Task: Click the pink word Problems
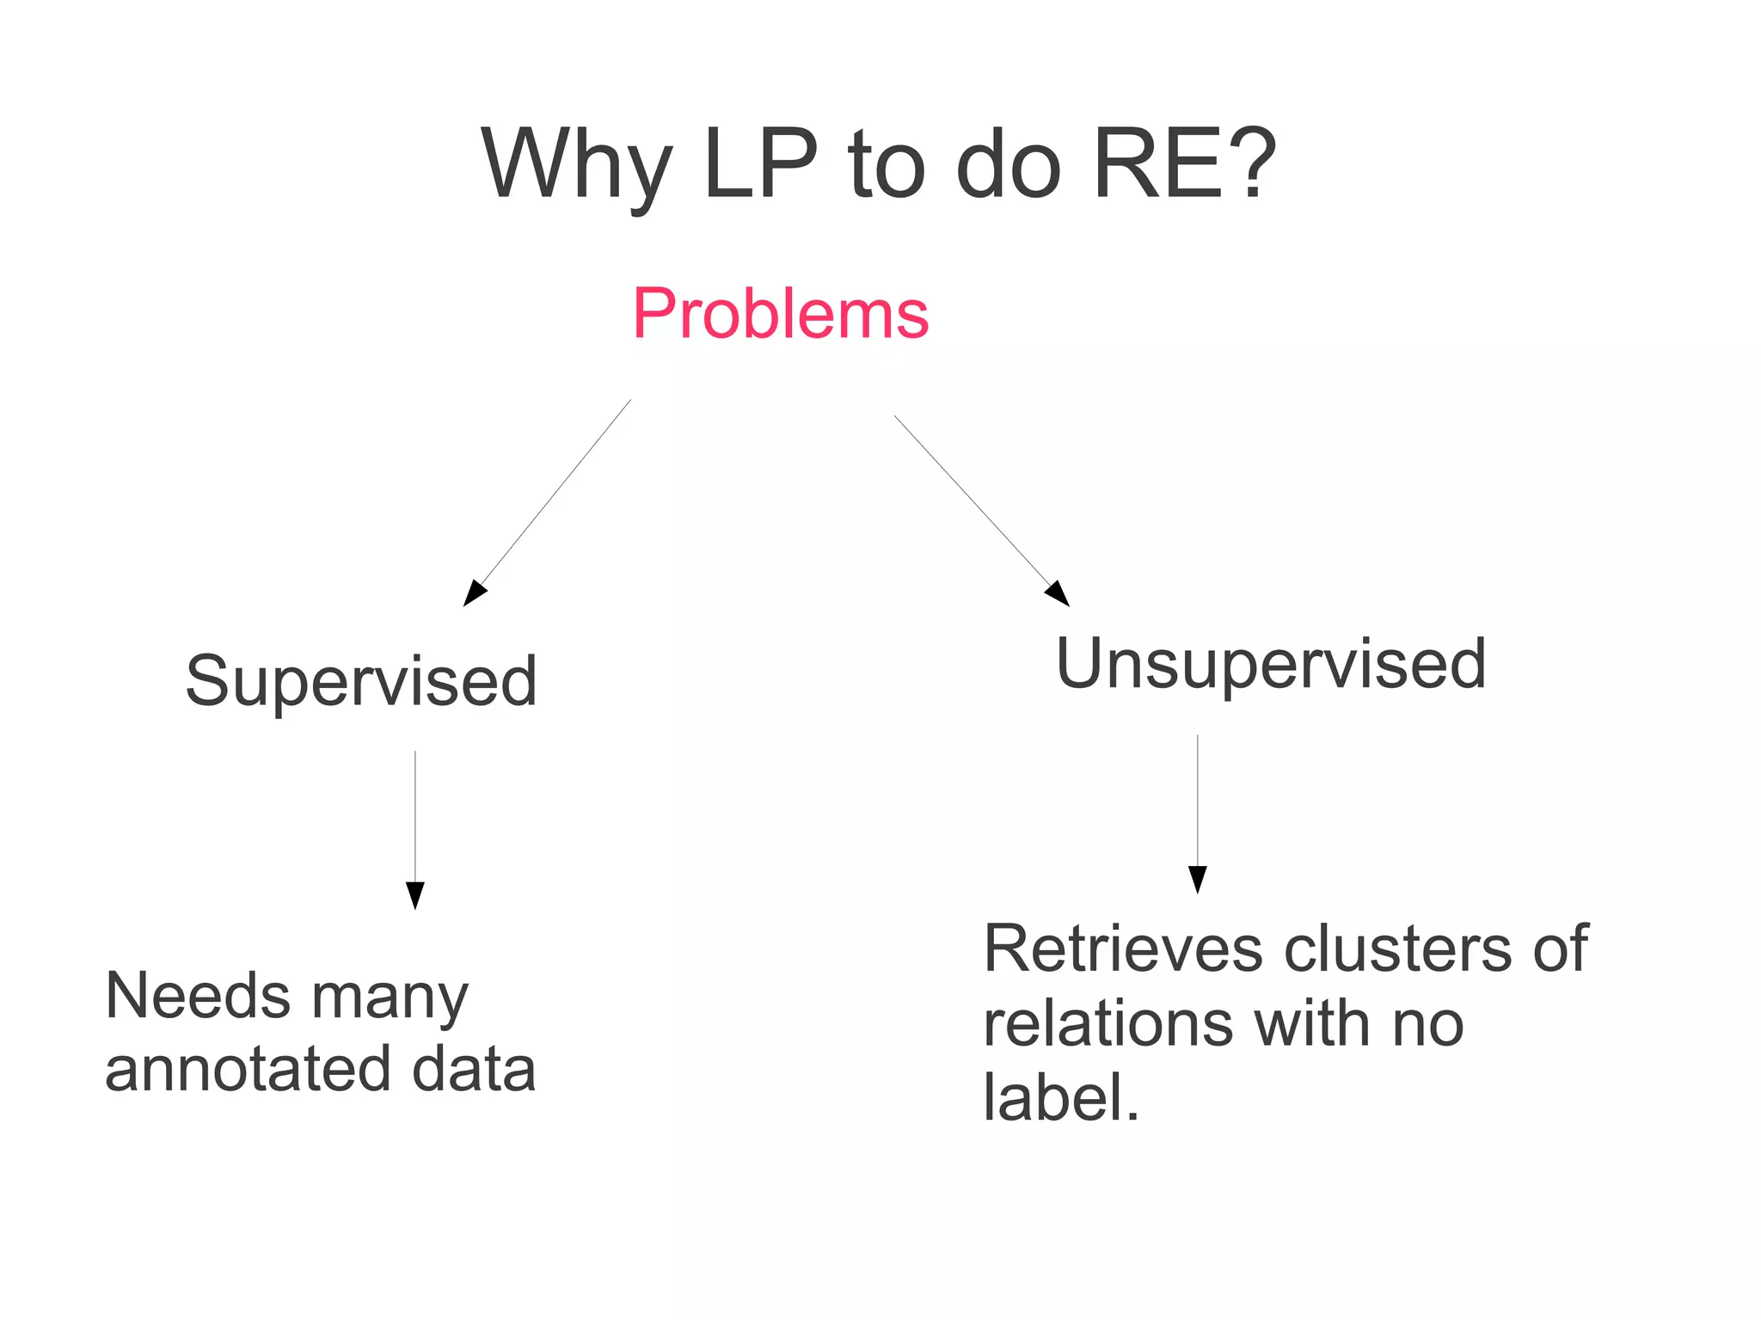[781, 314]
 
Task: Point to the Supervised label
[361, 681]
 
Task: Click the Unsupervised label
[1271, 664]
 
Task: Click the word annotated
[249, 1070]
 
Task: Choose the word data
[474, 1069]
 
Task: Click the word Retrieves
[1123, 949]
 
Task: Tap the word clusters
[1398, 949]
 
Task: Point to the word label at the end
[1054, 1098]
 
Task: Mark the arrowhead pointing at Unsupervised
[1058, 594]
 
